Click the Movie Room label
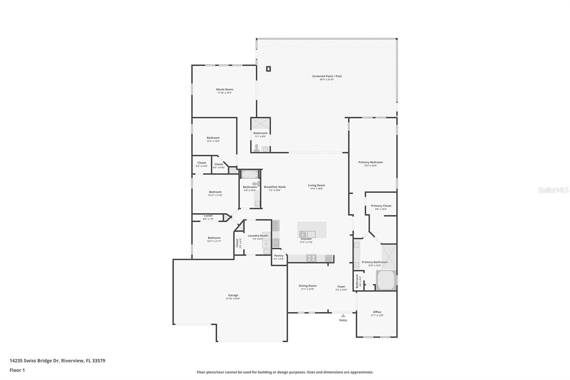coord(224,89)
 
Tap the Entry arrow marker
coord(343,315)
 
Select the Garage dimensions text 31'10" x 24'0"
coord(233,299)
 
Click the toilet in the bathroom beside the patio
coord(256,148)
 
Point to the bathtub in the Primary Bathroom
coord(386,280)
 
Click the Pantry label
coord(279,256)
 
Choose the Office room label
coord(377,312)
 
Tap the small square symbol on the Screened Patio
coord(268,69)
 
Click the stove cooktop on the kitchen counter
coord(311,258)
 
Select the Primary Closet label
coord(381,206)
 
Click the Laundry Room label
coord(258,236)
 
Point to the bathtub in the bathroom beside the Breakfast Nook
coord(249,175)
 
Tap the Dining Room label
coord(307,286)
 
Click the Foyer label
coord(341,286)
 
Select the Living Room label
coord(316,185)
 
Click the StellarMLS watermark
coord(553,190)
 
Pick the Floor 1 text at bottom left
coord(17,370)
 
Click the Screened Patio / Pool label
coord(327,76)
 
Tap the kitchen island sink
coord(307,234)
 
